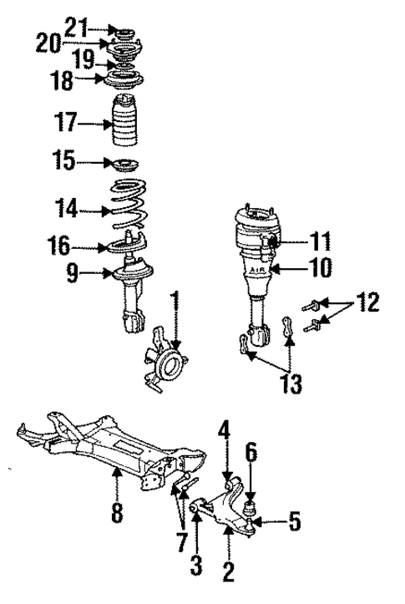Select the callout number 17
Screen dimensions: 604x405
pyautogui.click(x=66, y=123)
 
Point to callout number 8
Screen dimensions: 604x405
pyautogui.click(x=116, y=512)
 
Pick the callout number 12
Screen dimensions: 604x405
pyautogui.click(x=367, y=302)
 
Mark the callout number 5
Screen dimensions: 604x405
pyautogui.click(x=294, y=524)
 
